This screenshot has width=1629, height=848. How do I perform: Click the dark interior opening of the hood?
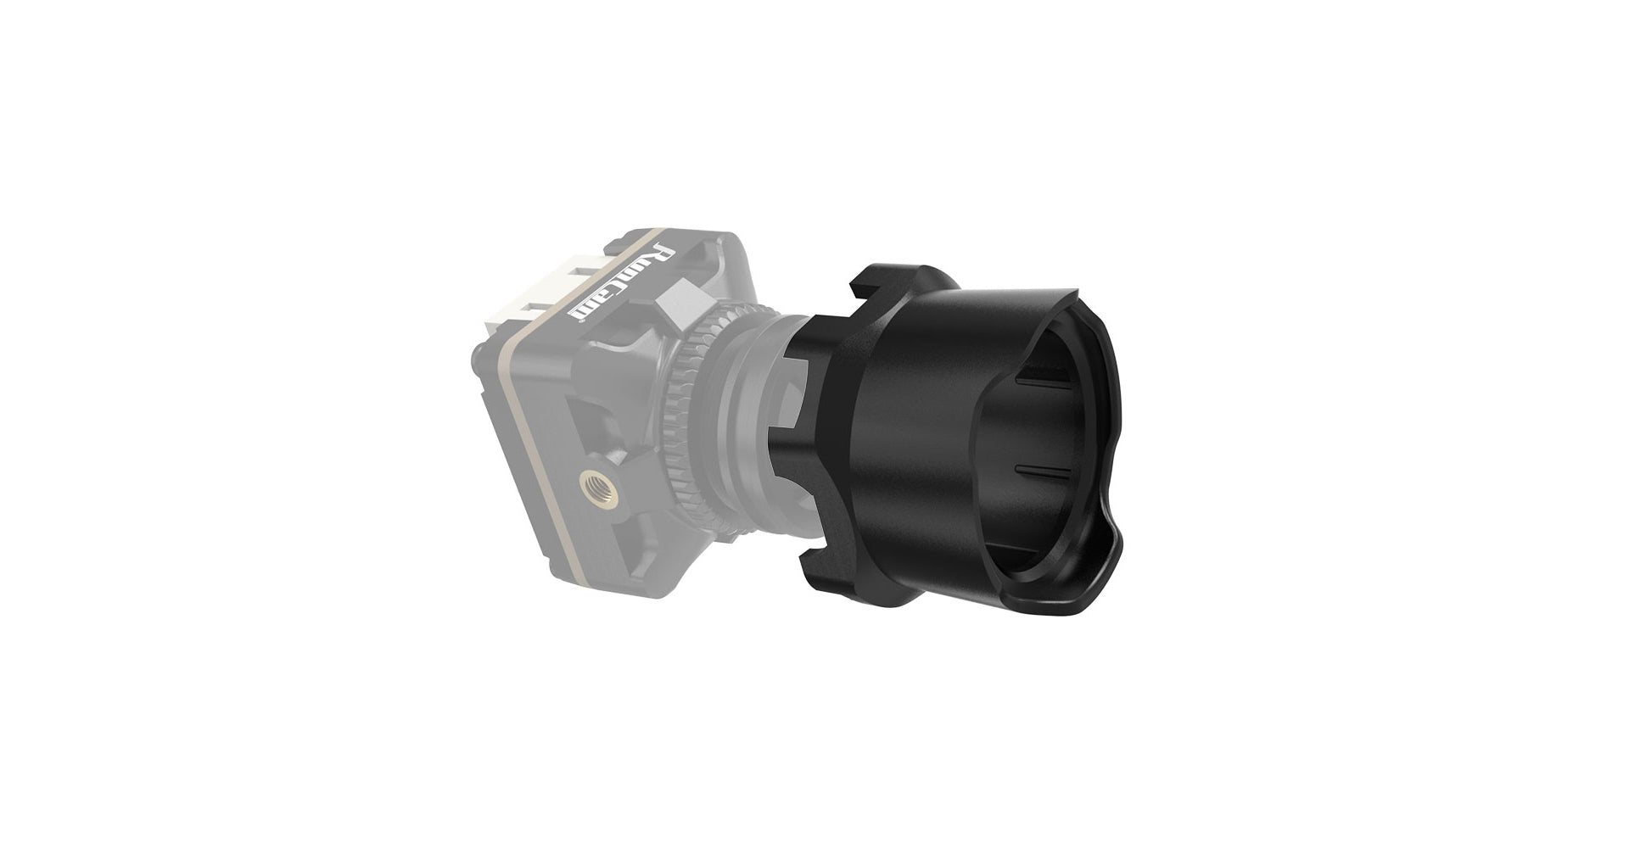pyautogui.click(x=1052, y=441)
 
